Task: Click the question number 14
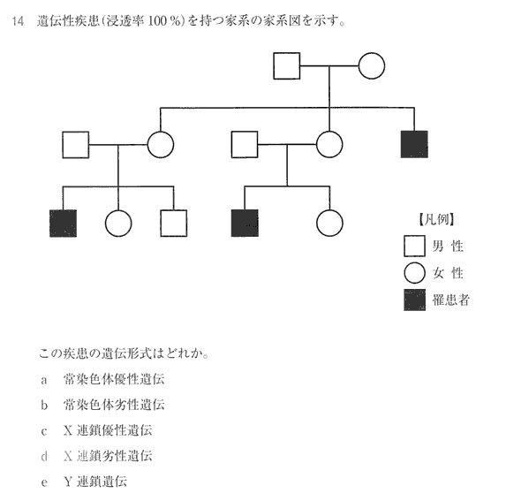(x=18, y=21)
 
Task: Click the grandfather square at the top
(x=287, y=65)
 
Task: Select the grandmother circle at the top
(x=372, y=65)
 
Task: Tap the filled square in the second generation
(x=414, y=144)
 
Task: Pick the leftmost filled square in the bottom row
(x=63, y=223)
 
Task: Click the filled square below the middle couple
(x=245, y=223)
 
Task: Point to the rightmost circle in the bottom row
(x=329, y=223)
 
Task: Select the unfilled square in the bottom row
(x=173, y=223)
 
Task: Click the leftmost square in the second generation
(x=76, y=145)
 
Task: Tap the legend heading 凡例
(x=436, y=220)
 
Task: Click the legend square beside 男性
(x=414, y=246)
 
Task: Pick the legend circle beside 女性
(x=415, y=273)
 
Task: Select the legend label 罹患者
(x=451, y=300)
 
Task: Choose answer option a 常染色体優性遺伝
(x=102, y=379)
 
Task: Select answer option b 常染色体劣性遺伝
(x=102, y=405)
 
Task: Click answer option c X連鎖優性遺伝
(x=96, y=430)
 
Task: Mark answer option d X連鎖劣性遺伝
(x=96, y=456)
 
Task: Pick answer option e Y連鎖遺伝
(x=84, y=482)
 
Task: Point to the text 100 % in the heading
(x=164, y=21)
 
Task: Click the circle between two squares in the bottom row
(x=118, y=223)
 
